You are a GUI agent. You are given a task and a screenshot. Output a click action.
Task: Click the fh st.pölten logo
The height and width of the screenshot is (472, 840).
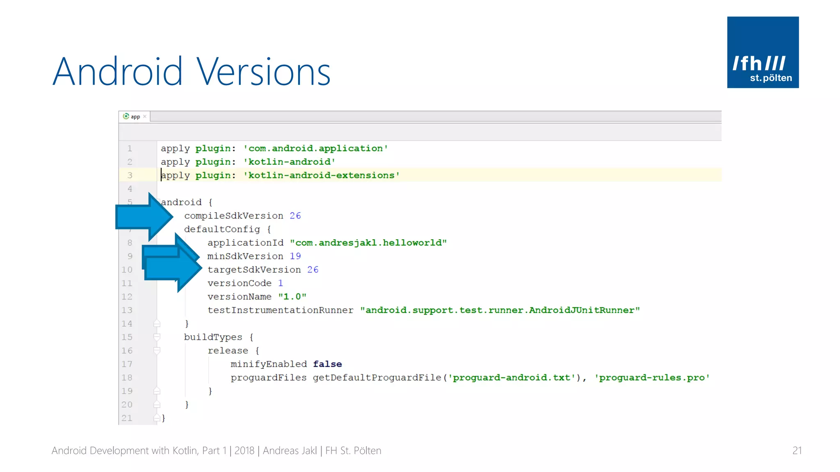pyautogui.click(x=762, y=52)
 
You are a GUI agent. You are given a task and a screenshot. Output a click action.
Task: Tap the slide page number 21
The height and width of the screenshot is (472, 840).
pyautogui.click(x=797, y=451)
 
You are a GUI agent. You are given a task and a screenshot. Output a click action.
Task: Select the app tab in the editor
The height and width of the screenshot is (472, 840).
pyautogui.click(x=135, y=117)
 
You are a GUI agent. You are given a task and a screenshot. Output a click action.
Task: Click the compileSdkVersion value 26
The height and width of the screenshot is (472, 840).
pyautogui.click(x=295, y=216)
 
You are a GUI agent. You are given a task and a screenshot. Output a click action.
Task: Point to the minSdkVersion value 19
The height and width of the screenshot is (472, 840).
pyautogui.click(x=295, y=256)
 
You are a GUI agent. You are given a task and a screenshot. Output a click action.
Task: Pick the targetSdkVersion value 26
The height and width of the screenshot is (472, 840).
pyautogui.click(x=313, y=270)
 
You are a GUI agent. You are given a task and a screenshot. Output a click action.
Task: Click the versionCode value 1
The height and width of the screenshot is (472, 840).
pyautogui.click(x=281, y=284)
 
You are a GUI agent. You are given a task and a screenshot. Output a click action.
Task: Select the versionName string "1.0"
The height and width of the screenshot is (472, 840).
pyautogui.click(x=292, y=297)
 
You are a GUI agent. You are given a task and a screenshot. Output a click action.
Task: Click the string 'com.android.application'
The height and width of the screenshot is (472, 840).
pyautogui.click(x=315, y=149)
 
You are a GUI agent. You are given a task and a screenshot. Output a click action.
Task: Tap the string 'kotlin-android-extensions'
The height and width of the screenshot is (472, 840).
pyautogui.click(x=321, y=176)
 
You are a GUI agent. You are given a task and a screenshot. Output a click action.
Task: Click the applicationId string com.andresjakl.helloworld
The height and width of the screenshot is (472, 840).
pyautogui.click(x=368, y=243)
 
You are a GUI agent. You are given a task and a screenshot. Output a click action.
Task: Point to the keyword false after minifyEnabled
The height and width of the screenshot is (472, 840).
pyautogui.click(x=327, y=364)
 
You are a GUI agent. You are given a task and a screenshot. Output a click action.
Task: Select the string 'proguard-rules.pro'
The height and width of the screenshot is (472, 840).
pyautogui.click(x=652, y=378)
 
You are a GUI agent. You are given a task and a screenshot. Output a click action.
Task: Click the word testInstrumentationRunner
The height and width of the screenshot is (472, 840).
pyautogui.click(x=280, y=311)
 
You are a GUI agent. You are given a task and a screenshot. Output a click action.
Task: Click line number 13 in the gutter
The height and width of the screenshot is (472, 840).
pyautogui.click(x=127, y=311)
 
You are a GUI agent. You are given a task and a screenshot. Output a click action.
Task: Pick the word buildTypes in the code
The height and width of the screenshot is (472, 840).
pyautogui.click(x=213, y=337)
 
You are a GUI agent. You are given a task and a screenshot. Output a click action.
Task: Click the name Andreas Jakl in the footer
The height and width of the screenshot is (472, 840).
pyautogui.click(x=290, y=451)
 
